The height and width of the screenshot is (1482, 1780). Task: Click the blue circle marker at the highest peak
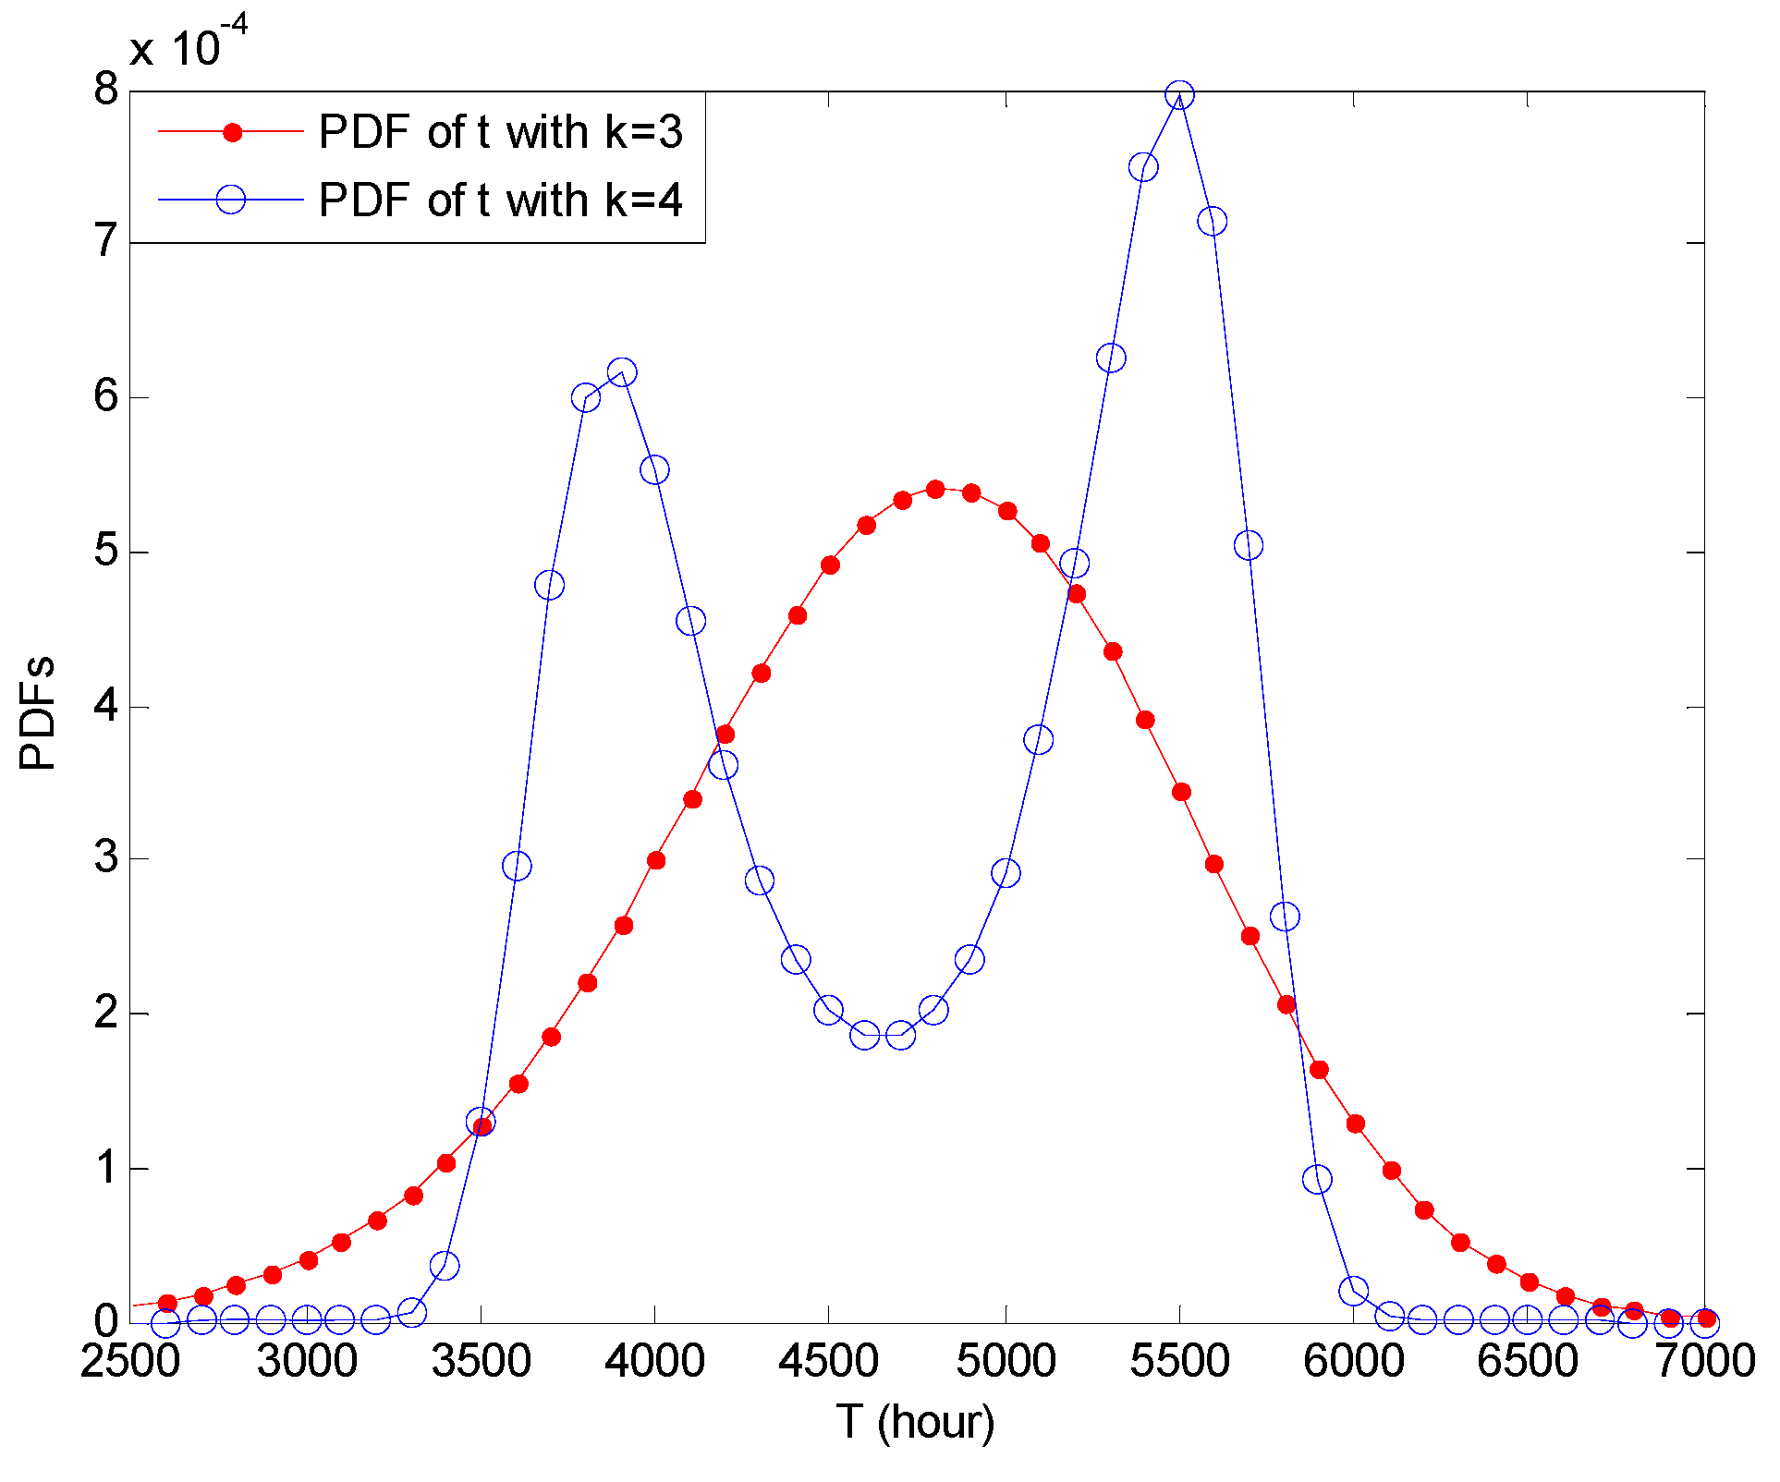tap(1179, 95)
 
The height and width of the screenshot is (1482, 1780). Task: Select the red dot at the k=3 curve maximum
tap(935, 489)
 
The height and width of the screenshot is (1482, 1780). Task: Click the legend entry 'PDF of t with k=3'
tap(500, 132)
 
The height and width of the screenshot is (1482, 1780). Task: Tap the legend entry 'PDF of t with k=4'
tap(500, 200)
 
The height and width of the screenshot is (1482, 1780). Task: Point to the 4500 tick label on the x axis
tap(829, 1361)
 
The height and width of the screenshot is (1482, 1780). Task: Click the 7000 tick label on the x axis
tap(1704, 1361)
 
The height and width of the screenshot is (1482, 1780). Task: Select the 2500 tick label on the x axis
tap(130, 1361)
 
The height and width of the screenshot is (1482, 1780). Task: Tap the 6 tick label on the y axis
tap(106, 397)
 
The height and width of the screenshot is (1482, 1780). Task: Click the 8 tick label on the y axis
tap(106, 91)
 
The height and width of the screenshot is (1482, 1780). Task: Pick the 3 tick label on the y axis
tap(106, 858)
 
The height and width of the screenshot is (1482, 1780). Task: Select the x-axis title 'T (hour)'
tap(916, 1422)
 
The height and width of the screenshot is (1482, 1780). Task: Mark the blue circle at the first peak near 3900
tap(622, 372)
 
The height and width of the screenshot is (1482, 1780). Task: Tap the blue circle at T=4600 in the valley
tap(865, 1035)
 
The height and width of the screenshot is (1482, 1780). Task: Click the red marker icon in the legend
tap(233, 132)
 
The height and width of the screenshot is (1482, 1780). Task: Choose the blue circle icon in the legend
tap(231, 200)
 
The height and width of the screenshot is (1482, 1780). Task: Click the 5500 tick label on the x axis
tap(1179, 1361)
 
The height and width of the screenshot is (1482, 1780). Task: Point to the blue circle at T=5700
tap(1249, 545)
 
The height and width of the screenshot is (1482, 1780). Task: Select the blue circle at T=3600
tap(517, 866)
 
